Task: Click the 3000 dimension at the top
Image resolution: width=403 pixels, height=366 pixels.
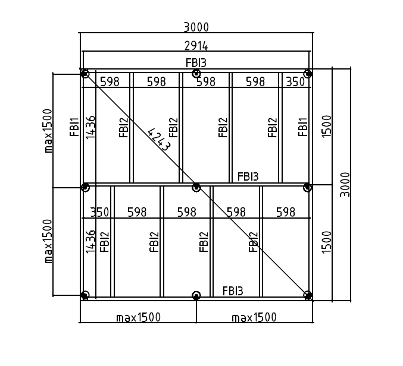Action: [x=196, y=27]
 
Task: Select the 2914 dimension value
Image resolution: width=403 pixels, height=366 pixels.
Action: [x=196, y=46]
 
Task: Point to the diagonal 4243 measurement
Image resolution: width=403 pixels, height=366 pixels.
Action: [x=160, y=140]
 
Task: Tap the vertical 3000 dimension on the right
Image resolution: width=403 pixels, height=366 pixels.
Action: [x=345, y=184]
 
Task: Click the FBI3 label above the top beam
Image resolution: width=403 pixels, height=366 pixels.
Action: [x=196, y=63]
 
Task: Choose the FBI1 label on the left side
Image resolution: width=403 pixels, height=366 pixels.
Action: [x=74, y=127]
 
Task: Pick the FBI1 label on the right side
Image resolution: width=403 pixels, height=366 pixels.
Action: [x=303, y=127]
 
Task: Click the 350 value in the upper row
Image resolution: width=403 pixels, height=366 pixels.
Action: [x=295, y=82]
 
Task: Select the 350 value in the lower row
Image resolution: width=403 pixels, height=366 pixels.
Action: [x=99, y=212]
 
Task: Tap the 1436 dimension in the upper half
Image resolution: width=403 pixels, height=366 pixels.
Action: [x=90, y=128]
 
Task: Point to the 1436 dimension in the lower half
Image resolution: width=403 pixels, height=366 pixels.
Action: [x=90, y=242]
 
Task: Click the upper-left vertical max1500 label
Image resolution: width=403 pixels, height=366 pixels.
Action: [x=48, y=131]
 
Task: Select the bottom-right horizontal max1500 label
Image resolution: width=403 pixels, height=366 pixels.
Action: [x=254, y=317]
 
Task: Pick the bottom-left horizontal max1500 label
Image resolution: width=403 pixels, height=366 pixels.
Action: [x=139, y=317]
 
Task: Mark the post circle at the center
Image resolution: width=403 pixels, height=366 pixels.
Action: [x=196, y=187]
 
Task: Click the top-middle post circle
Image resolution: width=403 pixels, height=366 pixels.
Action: [x=196, y=74]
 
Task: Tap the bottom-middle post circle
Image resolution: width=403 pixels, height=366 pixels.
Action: [x=196, y=296]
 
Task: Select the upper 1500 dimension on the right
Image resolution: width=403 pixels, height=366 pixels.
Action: [x=327, y=126]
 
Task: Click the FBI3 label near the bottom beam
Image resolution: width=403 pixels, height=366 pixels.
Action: [x=233, y=291]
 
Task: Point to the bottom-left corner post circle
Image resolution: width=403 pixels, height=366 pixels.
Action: [x=85, y=295]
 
